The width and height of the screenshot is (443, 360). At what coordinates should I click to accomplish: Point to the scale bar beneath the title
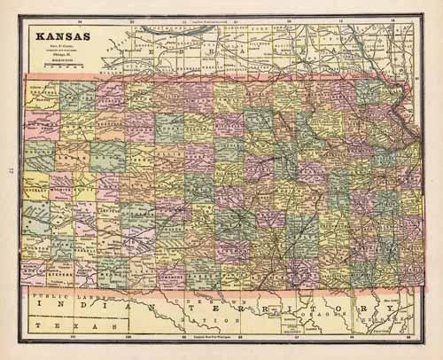61,67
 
